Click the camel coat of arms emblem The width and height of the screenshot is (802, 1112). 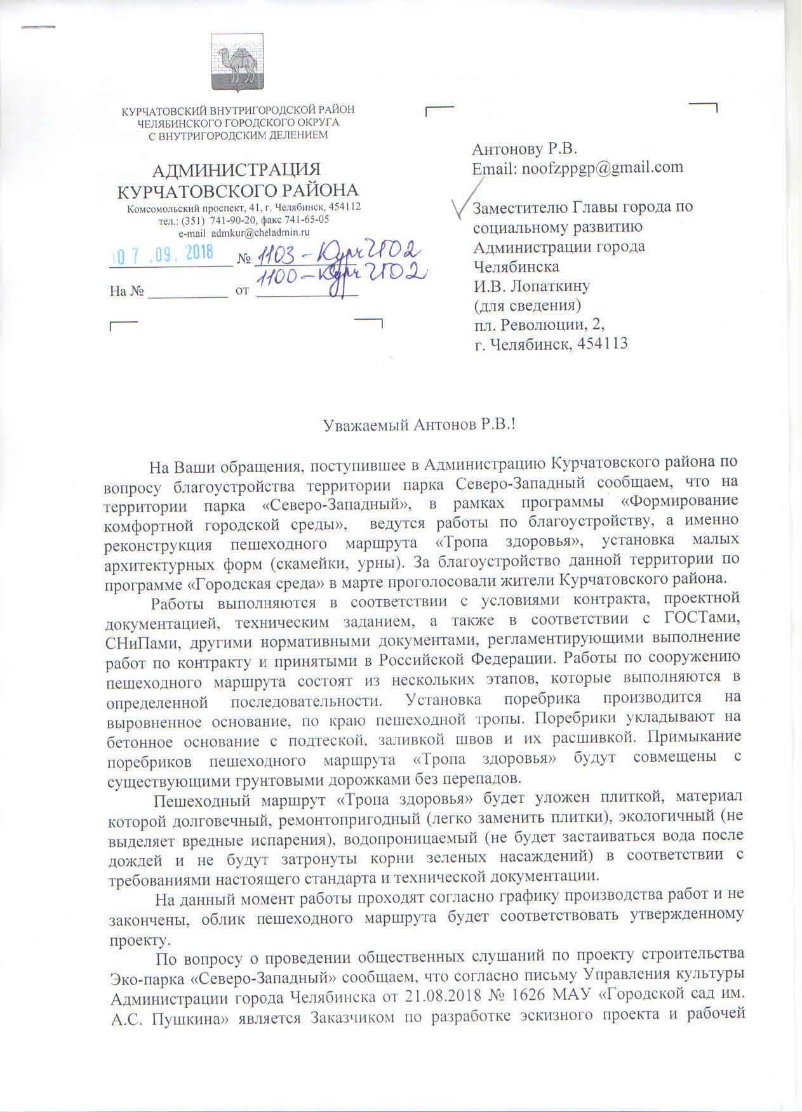[x=239, y=62]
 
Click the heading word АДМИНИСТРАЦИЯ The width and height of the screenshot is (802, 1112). [x=238, y=170]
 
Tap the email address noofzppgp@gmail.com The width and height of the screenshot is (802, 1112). [x=602, y=168]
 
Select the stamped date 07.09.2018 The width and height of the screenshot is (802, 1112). [x=168, y=254]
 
